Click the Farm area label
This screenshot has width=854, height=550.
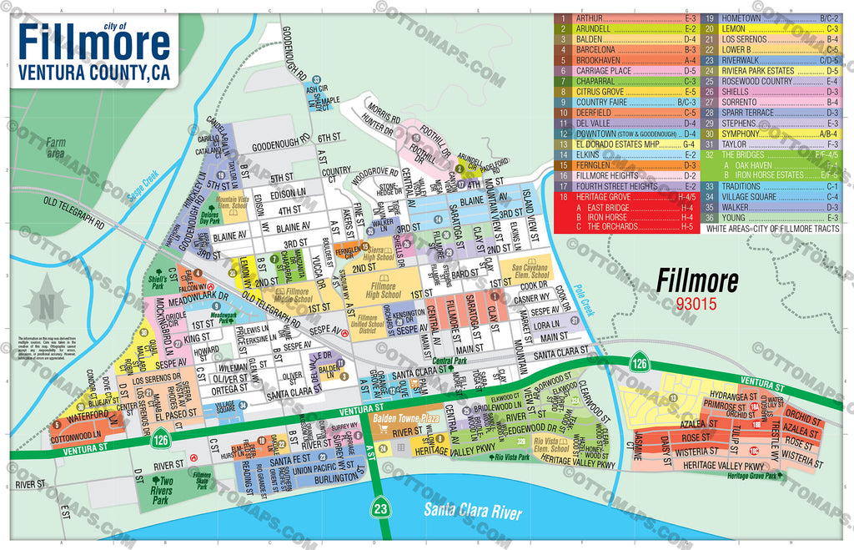click(56, 148)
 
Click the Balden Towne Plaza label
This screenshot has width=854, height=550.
click(406, 416)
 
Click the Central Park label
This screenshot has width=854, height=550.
click(449, 361)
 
